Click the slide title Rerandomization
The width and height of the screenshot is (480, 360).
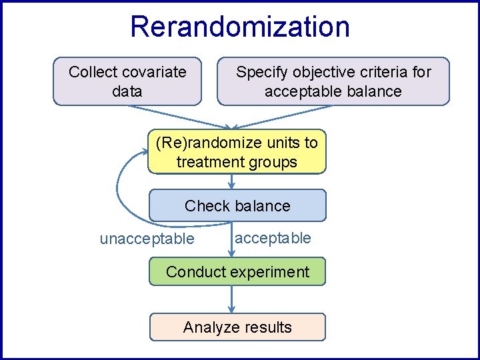point(239,27)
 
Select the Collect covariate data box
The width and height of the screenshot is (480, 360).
point(127,81)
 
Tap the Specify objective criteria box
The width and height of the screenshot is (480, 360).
point(333,81)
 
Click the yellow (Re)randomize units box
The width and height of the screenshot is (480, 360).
point(237,152)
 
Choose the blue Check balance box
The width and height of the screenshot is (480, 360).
point(237,205)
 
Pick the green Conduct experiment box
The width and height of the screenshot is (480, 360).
point(237,272)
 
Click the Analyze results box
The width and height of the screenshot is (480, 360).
point(237,327)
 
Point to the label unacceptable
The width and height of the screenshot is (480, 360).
point(147,239)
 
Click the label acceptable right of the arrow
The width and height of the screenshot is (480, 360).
point(273,238)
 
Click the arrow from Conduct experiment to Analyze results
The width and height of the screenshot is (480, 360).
point(231,299)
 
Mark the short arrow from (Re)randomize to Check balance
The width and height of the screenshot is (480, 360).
point(231,181)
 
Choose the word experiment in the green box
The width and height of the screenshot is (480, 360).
point(274,272)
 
